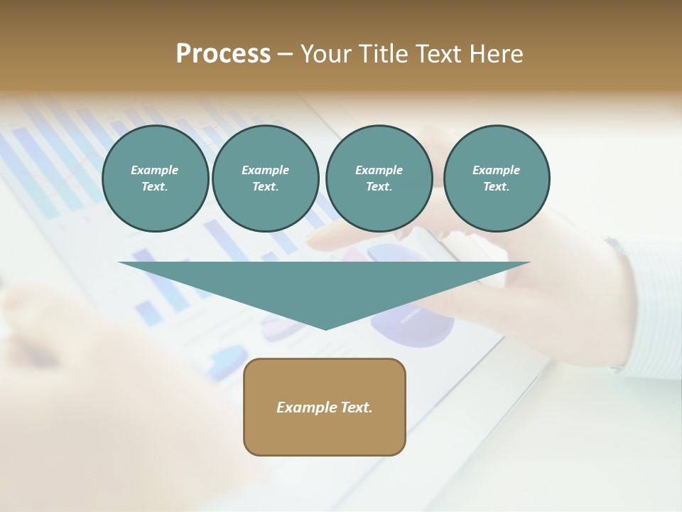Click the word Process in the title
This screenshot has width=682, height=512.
tap(223, 54)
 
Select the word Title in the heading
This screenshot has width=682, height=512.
tap(384, 54)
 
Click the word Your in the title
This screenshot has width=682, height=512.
tap(325, 54)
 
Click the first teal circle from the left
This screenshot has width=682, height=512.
tap(155, 178)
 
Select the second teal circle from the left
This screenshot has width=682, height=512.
tap(265, 178)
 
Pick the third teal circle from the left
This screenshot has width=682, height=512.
tap(379, 178)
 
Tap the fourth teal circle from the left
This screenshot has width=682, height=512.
tap(496, 178)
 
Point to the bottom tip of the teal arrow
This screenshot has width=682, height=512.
tap(326, 329)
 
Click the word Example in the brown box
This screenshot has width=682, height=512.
tap(307, 407)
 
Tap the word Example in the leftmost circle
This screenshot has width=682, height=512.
tap(155, 170)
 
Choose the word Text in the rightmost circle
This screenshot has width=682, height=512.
tap(496, 187)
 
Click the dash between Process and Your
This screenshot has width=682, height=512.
tap(286, 54)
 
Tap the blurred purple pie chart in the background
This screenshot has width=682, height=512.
tap(412, 324)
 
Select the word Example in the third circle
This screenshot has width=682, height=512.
tap(379, 170)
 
